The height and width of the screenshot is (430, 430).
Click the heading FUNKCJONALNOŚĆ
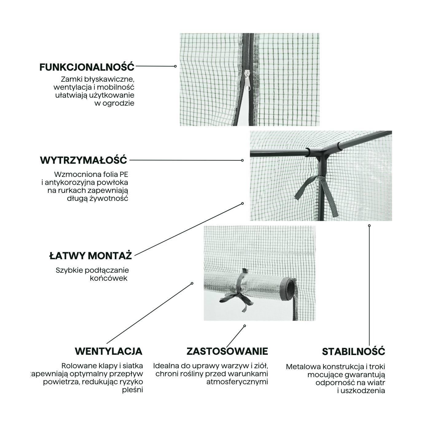(x=87, y=67)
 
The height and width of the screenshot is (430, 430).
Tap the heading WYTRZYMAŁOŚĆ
(x=84, y=160)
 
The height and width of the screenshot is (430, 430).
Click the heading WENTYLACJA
(x=108, y=351)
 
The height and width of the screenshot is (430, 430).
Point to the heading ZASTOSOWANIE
(x=227, y=351)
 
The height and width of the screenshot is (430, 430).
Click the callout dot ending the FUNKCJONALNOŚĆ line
(x=175, y=66)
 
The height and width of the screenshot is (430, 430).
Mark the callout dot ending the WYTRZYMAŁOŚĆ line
(x=242, y=160)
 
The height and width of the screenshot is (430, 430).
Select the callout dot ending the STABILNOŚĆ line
(x=369, y=226)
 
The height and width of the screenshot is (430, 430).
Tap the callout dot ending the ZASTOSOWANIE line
(x=244, y=326)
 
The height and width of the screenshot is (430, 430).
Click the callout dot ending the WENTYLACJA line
(x=192, y=283)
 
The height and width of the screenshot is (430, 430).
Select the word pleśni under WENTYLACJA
(x=132, y=390)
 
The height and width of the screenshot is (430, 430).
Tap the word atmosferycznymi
(x=237, y=382)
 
